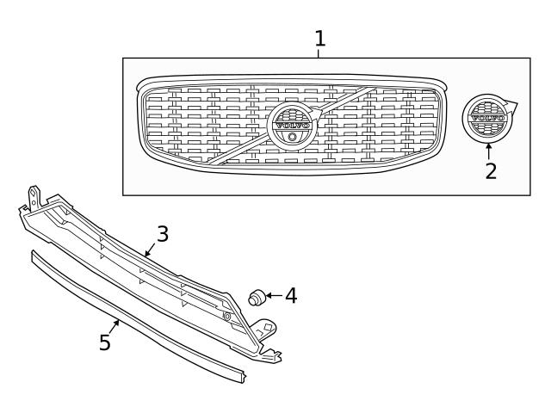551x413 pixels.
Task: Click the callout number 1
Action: click(319, 39)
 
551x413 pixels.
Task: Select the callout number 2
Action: click(491, 171)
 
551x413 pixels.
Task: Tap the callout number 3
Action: click(163, 234)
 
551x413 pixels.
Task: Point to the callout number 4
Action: click(291, 296)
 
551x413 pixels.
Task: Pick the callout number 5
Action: click(105, 342)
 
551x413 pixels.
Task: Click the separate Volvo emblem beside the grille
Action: click(488, 118)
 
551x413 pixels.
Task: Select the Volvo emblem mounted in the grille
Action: click(293, 126)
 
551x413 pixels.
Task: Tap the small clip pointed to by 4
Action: click(257, 298)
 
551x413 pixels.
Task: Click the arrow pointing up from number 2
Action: click(488, 151)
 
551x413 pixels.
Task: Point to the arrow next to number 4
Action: click(274, 296)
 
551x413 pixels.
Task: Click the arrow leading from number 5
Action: click(115, 327)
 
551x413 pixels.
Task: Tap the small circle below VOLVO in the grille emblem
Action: click(293, 137)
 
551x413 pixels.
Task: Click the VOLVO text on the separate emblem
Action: click(488, 118)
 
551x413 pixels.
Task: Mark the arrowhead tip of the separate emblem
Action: click(518, 103)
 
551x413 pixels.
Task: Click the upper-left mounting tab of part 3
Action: click(34, 197)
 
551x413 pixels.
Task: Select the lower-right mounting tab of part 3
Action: click(266, 328)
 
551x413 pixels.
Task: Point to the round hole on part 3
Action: click(227, 317)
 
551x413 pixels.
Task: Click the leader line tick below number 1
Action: click(319, 53)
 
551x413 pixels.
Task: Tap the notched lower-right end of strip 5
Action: click(241, 376)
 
